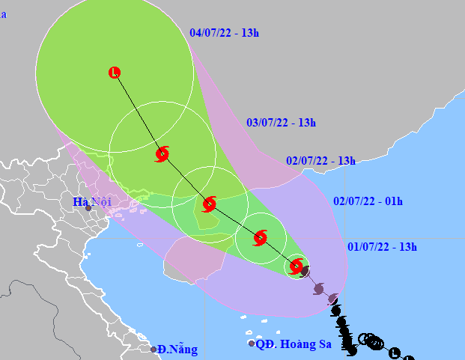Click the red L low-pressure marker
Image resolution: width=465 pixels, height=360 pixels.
tap(115, 73)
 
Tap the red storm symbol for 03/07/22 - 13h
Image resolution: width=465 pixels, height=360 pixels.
tap(162, 154)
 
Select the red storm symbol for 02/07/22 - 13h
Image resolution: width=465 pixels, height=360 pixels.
tap(209, 204)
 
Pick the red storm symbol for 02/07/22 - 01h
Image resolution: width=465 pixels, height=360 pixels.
tap(260, 238)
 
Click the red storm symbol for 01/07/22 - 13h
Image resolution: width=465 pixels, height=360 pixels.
tap(297, 266)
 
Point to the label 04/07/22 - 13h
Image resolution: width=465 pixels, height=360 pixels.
tap(224, 33)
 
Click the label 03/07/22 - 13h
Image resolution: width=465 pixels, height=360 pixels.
tap(281, 123)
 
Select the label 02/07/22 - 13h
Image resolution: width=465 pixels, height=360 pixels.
tap(320, 161)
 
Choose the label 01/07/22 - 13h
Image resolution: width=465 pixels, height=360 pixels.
tap(382, 247)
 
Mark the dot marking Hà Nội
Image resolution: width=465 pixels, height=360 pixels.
tap(88, 208)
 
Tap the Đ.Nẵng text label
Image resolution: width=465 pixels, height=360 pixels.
tap(178, 349)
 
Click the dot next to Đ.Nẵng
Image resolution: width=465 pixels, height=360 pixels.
tap(154, 350)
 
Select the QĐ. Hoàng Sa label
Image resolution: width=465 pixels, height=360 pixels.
tap(288, 344)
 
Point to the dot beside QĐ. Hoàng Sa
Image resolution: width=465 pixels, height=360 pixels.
tap(252, 344)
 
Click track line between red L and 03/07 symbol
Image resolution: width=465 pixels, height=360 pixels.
tap(139, 114)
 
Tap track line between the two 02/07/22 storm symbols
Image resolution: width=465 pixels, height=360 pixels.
tap(234, 221)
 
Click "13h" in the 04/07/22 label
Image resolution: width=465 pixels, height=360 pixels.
tap(251, 33)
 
